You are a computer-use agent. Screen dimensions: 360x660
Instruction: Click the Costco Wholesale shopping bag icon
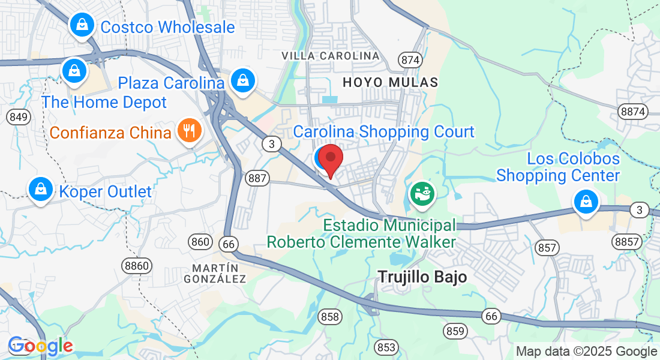(80, 25)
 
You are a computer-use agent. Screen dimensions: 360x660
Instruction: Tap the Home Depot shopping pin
(74, 71)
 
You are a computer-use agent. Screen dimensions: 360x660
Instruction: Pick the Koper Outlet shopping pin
(40, 189)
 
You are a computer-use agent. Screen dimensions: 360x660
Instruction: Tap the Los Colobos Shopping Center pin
(585, 201)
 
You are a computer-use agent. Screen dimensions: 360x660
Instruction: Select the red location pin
(330, 159)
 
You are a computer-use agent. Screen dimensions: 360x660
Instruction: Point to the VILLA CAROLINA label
(331, 56)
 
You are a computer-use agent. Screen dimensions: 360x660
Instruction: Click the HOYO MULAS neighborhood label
(390, 82)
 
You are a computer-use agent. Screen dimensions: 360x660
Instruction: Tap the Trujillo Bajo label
(422, 276)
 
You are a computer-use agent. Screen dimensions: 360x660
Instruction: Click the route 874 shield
(410, 60)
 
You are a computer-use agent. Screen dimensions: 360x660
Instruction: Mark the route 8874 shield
(634, 111)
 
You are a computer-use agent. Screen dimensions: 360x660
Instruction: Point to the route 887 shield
(257, 178)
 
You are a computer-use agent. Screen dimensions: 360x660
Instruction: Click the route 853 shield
(386, 347)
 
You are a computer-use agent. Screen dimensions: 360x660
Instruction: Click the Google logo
(40, 346)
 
